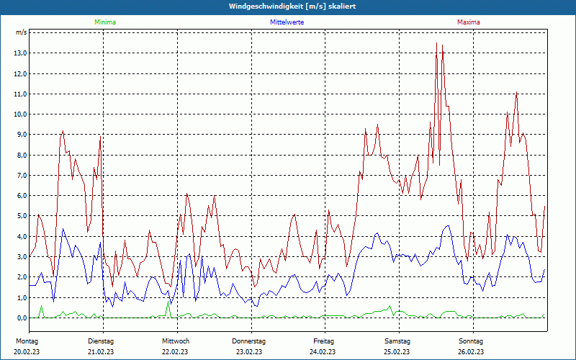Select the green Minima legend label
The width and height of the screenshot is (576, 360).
pos(105,22)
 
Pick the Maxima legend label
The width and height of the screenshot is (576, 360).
pos(469,22)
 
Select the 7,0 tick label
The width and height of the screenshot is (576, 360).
pos(21,176)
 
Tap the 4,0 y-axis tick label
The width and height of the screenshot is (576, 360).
pos(21,237)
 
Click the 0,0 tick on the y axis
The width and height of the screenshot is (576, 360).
pos(21,318)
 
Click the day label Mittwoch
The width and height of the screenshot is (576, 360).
pos(176,341)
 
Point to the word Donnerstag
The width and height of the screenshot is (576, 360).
pos(249,341)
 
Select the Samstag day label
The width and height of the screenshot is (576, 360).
pos(397,341)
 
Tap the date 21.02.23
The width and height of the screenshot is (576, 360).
pos(101,351)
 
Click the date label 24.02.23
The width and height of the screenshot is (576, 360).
pos(323,351)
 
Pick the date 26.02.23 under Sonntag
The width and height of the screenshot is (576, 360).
pos(471,351)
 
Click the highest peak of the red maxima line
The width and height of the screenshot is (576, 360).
pos(436,43)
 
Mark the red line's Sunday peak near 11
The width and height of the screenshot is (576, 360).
pos(516,92)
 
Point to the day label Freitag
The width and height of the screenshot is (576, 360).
pos(323,341)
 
